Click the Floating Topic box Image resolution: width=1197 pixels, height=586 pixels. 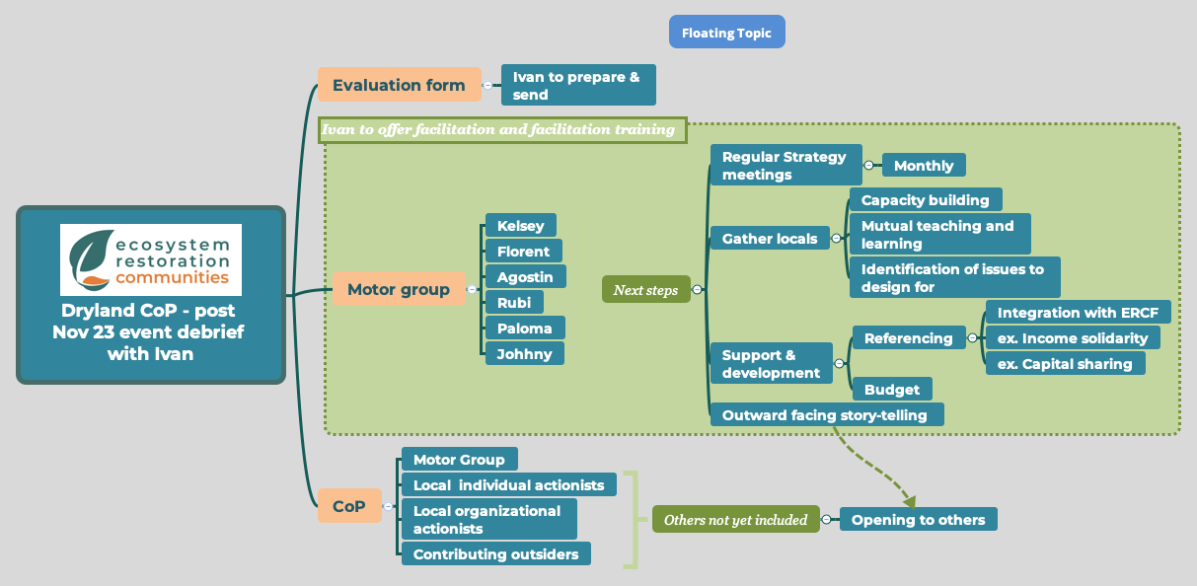tap(726, 33)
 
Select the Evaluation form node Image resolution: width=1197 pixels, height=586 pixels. tap(399, 85)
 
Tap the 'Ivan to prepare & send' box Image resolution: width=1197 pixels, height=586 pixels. tap(578, 86)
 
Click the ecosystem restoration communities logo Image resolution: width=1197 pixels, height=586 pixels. tap(150, 260)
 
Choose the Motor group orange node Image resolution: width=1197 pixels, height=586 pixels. tap(399, 289)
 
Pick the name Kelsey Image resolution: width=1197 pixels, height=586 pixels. tap(520, 226)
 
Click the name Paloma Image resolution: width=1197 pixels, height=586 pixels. tap(525, 328)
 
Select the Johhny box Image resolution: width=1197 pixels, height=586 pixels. tap(525, 353)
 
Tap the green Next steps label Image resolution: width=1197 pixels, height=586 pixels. tap(645, 290)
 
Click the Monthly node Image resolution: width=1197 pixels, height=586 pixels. tap(924, 166)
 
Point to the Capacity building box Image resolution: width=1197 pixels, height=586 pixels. tap(925, 199)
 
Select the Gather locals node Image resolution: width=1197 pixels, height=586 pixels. tap(770, 239)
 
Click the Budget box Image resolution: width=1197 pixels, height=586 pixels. tap(892, 389)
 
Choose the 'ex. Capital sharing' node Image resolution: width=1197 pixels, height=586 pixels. tap(1065, 363)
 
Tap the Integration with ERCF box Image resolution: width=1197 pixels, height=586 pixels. tap(1078, 312)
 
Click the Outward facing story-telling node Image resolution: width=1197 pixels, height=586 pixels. tap(826, 414)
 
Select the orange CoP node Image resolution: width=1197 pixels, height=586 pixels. tap(349, 506)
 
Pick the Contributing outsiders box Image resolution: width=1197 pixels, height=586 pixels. tap(495, 553)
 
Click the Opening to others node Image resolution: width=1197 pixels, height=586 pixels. tap(918, 519)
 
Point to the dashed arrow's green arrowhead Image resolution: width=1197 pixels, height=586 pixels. tap(909, 501)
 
